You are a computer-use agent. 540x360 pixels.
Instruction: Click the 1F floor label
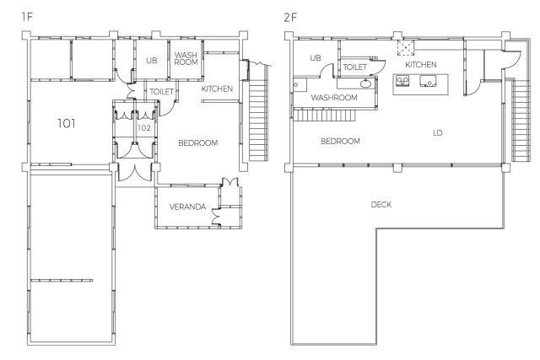click(27, 17)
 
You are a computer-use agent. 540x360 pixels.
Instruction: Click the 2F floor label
click(290, 17)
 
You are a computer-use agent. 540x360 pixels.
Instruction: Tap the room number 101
click(67, 123)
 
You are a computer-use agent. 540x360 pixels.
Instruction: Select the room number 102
click(144, 128)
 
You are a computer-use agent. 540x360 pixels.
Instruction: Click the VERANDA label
click(187, 207)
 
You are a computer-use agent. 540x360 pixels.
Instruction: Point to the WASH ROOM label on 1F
click(186, 58)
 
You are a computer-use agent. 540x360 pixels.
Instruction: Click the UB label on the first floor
click(152, 61)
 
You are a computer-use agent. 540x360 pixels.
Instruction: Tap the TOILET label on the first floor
click(161, 92)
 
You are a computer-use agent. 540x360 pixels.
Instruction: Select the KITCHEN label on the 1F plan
click(217, 89)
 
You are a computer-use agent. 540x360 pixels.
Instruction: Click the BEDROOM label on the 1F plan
click(198, 142)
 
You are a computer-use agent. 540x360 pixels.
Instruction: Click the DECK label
click(381, 205)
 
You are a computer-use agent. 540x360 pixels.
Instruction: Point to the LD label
click(438, 133)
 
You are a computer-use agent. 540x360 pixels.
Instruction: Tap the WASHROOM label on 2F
click(334, 98)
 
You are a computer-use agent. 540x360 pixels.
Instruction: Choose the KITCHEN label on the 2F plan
click(421, 65)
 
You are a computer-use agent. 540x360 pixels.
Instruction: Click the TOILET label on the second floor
click(355, 67)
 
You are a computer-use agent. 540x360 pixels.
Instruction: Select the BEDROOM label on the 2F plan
click(340, 141)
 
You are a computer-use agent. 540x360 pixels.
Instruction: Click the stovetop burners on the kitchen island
click(402, 81)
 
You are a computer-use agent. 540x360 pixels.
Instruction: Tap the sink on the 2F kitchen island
click(428, 81)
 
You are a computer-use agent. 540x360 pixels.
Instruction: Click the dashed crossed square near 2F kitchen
click(406, 48)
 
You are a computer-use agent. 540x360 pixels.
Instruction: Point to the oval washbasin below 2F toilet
click(365, 83)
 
